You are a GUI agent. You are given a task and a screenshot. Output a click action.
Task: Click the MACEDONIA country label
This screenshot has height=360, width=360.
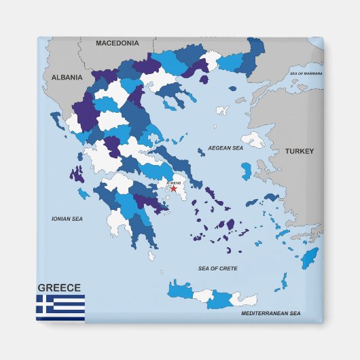coord(117,43)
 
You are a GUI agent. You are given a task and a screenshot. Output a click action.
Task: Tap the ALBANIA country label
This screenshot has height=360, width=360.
coord(67,77)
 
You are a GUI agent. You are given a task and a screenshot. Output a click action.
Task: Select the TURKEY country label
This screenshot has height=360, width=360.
coord(299,151)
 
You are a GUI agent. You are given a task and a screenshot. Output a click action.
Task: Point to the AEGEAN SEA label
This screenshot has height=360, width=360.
coord(225,147)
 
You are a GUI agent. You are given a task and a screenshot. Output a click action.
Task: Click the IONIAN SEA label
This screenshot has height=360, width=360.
coord(67,219)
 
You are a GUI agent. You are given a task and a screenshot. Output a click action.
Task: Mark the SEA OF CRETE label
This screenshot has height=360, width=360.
coord(217,268)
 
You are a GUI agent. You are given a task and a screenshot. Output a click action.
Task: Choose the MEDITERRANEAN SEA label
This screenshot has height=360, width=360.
coord(270,313)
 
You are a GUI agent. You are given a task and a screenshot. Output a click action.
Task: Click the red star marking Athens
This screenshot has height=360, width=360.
coord(173,189)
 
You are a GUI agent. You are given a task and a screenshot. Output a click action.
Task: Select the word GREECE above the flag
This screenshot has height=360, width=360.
coord(59,287)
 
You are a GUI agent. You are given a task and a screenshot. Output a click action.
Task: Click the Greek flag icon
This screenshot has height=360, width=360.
coord(60,307)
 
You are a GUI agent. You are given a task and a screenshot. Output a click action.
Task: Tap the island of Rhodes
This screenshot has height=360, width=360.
coord(310,257)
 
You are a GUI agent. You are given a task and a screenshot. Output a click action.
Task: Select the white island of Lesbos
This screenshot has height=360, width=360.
coord(253,141)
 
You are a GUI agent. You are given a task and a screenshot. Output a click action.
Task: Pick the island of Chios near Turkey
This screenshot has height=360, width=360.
coord(246,170)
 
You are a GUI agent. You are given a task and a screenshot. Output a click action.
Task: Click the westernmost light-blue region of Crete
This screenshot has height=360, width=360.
coord(180,289)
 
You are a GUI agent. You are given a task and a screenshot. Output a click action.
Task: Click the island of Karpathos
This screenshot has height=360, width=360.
coord(281,280)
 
